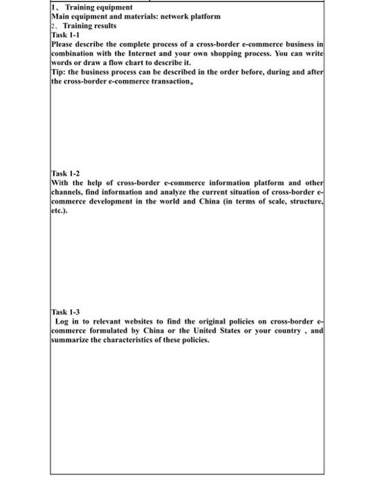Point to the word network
[178, 16]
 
